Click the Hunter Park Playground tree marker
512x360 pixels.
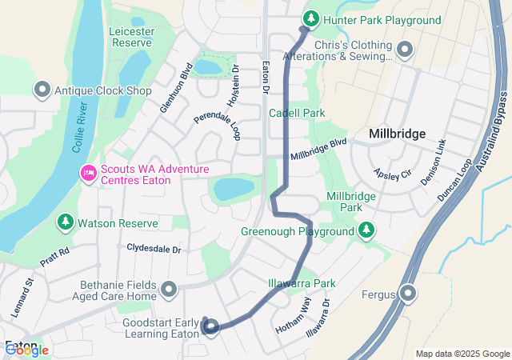(x=310, y=19)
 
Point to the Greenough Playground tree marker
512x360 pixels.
(x=366, y=231)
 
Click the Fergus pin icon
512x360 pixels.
(x=408, y=294)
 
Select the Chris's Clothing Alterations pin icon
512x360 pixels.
(x=404, y=50)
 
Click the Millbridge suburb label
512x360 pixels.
(x=398, y=134)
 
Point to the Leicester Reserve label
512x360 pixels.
(x=131, y=37)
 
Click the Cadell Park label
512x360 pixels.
(x=297, y=113)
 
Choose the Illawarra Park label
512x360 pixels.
(x=302, y=283)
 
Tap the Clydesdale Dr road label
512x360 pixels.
(x=154, y=249)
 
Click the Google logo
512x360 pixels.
(x=26, y=349)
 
